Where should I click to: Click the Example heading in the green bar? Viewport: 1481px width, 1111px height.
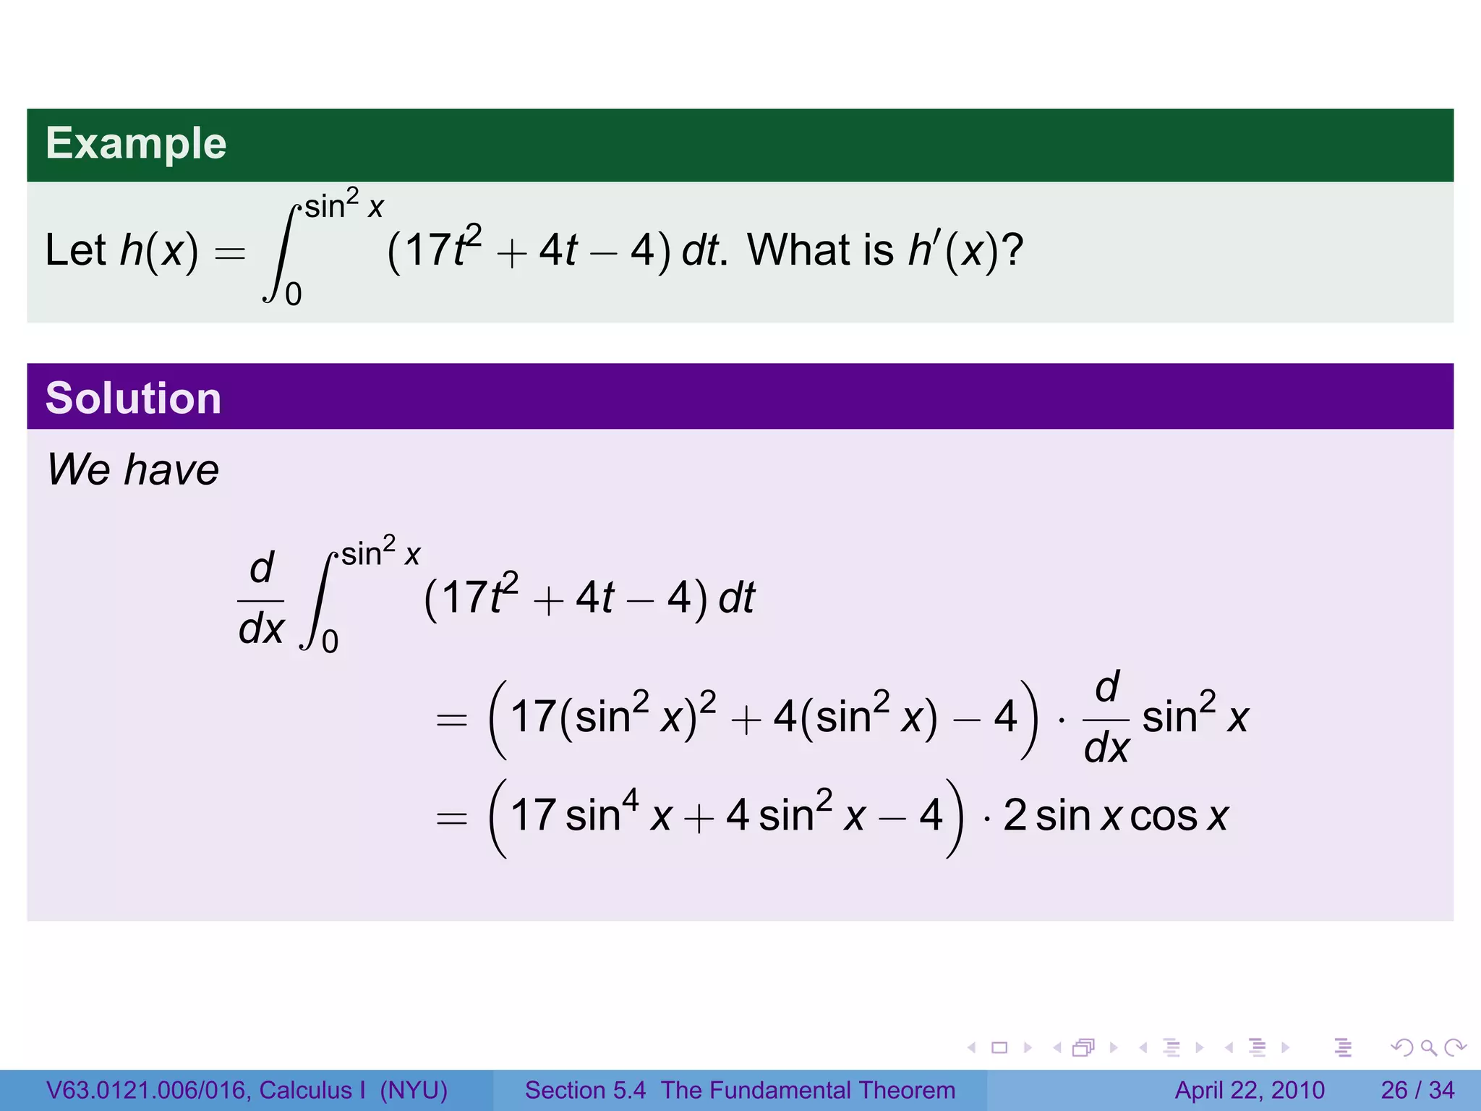136,143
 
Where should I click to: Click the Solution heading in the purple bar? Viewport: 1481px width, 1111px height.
133,398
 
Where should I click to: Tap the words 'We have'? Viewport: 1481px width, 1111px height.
133,469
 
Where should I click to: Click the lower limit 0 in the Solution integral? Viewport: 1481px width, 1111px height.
330,642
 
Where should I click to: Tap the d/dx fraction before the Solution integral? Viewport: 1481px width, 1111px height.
261,599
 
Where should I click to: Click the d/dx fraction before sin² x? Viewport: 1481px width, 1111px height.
1106,718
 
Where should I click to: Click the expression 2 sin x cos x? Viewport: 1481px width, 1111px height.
1116,816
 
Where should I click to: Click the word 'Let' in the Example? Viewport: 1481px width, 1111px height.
75,250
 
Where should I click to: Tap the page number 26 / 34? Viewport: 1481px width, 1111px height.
1417,1090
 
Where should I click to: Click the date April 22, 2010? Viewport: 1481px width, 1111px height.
1250,1090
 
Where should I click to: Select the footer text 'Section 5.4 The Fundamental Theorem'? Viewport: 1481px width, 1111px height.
740,1090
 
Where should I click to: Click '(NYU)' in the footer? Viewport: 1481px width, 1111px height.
414,1090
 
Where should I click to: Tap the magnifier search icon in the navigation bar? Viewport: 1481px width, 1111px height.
1428,1047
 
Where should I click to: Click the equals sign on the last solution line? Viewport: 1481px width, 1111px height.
452,818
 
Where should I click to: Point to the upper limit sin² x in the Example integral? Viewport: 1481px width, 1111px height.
344,205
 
